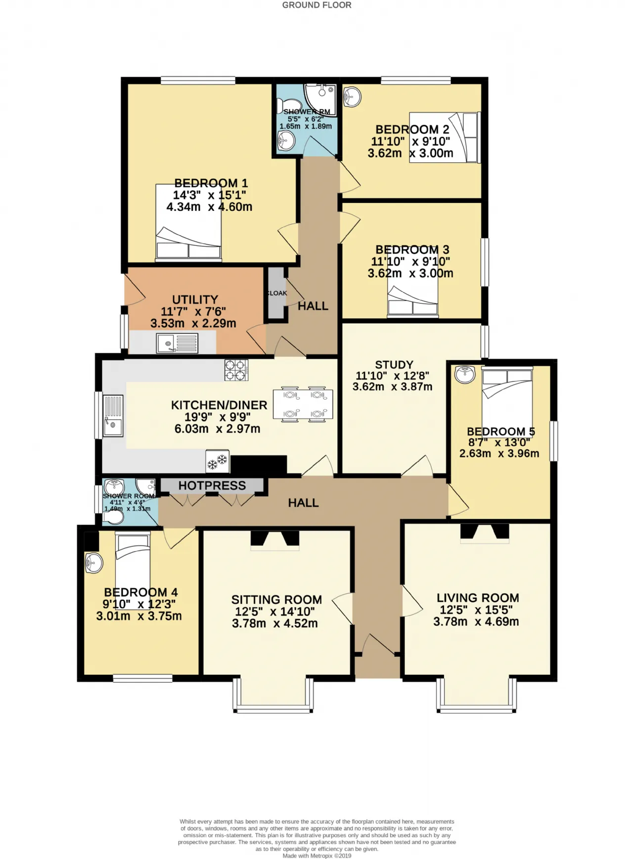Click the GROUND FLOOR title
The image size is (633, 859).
click(316, 5)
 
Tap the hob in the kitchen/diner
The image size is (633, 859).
click(236, 370)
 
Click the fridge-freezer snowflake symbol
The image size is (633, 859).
click(218, 461)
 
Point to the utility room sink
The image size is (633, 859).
click(177, 343)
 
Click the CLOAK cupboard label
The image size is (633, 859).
click(277, 293)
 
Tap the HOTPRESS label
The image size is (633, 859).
click(212, 485)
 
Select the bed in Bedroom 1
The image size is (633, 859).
click(188, 223)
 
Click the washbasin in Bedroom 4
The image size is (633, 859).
click(93, 563)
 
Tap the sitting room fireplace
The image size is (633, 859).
click(275, 540)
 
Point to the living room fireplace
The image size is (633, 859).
click(485, 533)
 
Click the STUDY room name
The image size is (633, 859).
click(394, 365)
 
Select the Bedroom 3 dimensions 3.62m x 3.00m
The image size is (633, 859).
click(410, 273)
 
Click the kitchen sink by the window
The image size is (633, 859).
click(113, 415)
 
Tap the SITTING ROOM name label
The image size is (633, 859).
click(276, 600)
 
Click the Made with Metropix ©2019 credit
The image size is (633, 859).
click(317, 856)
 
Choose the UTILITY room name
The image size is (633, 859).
click(195, 300)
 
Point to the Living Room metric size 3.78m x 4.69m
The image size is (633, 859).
click(476, 622)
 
